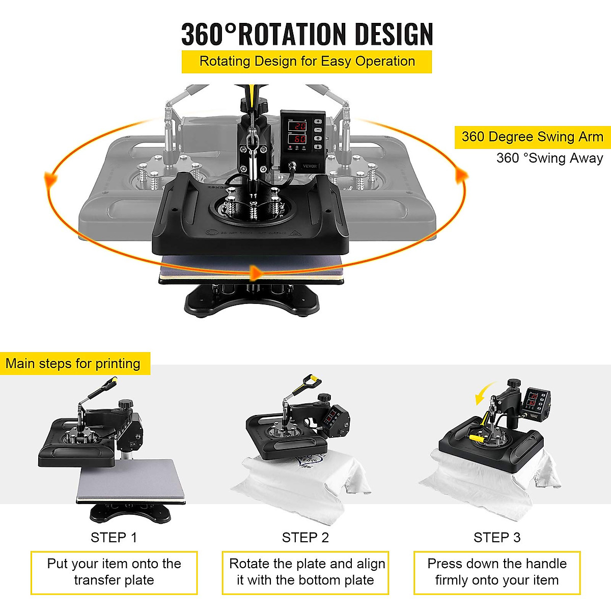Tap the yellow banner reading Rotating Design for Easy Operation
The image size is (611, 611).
(307, 62)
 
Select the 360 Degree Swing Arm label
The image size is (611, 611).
(532, 137)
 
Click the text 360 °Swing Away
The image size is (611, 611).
(549, 158)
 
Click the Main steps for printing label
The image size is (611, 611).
(73, 364)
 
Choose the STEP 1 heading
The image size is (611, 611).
(114, 538)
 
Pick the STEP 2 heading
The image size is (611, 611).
(305, 538)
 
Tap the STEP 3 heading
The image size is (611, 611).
(497, 538)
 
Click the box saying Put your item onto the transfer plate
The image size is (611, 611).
(114, 572)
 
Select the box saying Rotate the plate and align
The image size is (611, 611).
(305, 572)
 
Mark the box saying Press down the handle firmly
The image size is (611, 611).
(497, 572)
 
